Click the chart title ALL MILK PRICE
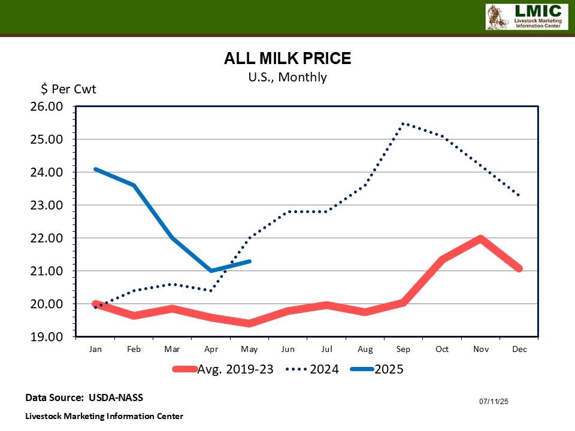[287, 59]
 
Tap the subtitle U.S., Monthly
[287, 77]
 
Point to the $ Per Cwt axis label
[68, 89]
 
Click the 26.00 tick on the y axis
[46, 107]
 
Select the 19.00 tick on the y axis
[46, 337]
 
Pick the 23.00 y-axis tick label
[46, 205]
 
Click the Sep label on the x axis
[404, 350]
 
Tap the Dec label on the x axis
[519, 350]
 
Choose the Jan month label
[95, 350]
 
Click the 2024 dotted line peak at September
[404, 123]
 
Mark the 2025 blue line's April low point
[211, 271]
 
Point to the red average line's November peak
[480, 238]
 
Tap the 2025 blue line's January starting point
[95, 169]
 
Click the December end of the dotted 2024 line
[519, 195]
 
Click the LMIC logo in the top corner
[526, 16]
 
